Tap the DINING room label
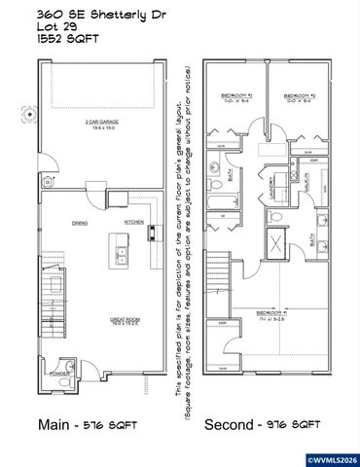(x=80, y=223)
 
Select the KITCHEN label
(x=133, y=222)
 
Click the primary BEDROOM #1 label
(x=270, y=314)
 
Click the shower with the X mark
(x=275, y=243)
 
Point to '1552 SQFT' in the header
(x=63, y=41)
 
